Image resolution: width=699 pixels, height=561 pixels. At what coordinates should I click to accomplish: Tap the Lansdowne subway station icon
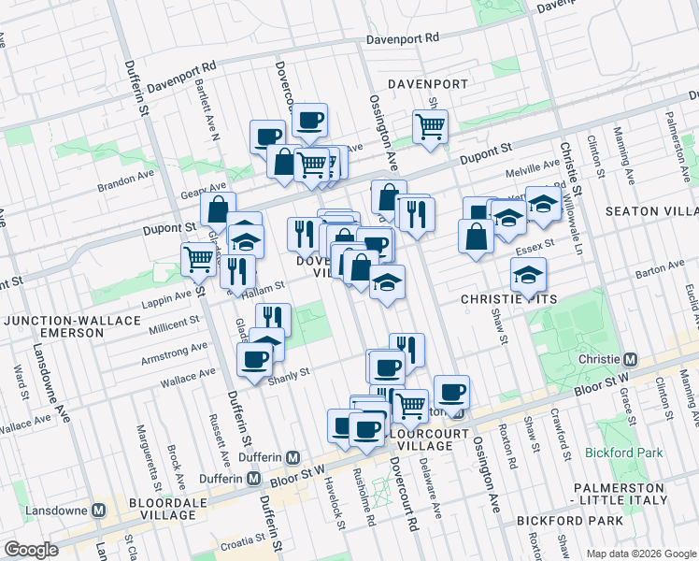[x=105, y=511]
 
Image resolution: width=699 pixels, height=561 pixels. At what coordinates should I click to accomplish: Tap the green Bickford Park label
[x=624, y=453]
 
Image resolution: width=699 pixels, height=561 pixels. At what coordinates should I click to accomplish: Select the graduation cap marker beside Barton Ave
[x=528, y=274]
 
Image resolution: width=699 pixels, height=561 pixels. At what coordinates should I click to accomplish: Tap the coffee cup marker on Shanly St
[x=254, y=358]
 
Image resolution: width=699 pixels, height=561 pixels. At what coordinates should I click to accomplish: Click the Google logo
[x=31, y=550]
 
